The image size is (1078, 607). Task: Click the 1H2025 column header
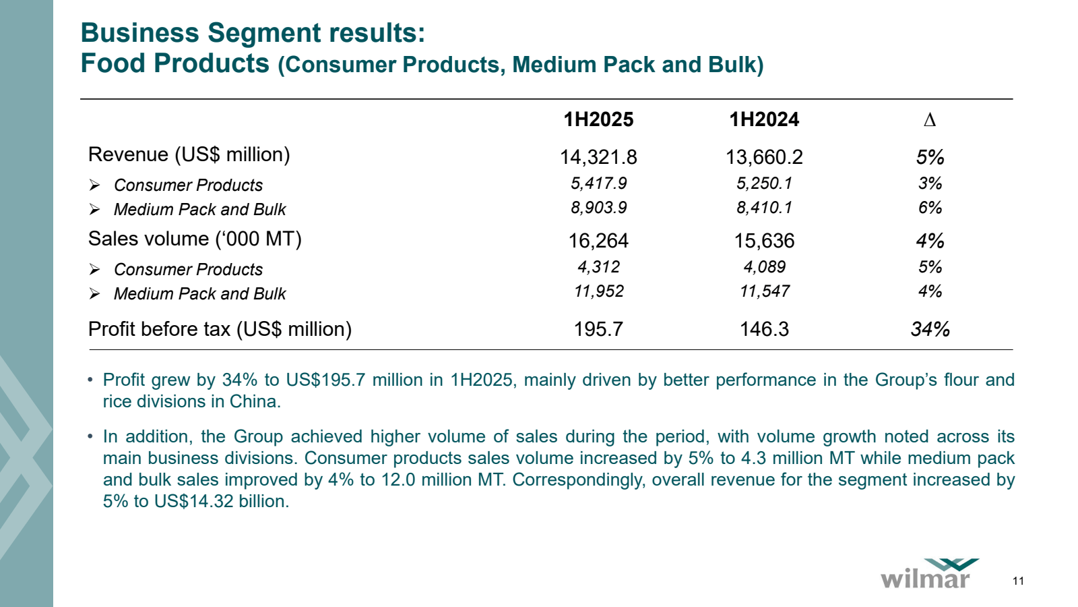[x=598, y=119]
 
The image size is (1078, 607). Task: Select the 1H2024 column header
[x=764, y=119]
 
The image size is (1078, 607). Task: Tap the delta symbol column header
[x=930, y=120]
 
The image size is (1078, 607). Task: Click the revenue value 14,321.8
[x=598, y=157]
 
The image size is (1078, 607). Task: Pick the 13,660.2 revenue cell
[x=764, y=157]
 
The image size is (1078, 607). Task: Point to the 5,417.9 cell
[x=598, y=183]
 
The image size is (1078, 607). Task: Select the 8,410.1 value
[x=764, y=208]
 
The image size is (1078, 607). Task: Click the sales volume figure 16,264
[x=598, y=241]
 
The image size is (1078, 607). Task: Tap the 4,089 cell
[x=764, y=267]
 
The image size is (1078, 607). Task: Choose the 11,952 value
[x=598, y=291]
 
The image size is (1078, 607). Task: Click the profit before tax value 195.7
[x=598, y=329]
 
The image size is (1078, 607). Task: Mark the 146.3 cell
[x=764, y=329]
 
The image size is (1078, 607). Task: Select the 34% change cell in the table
[x=930, y=329]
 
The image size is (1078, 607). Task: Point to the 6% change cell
[x=930, y=208]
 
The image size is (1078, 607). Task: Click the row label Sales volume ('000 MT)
[x=195, y=239]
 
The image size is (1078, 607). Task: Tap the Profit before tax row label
[x=220, y=329]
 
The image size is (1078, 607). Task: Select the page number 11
[x=1018, y=581]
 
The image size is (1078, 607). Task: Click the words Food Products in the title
[x=175, y=63]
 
